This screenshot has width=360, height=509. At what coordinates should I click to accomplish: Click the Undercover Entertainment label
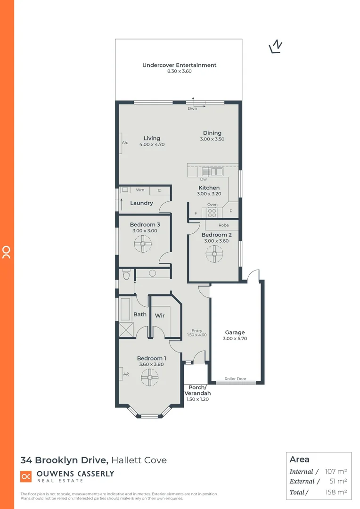tap(179, 65)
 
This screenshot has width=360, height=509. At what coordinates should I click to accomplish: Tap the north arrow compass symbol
tap(275, 46)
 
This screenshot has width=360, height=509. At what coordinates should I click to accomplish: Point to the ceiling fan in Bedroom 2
tap(214, 254)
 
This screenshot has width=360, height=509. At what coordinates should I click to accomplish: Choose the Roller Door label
tap(235, 378)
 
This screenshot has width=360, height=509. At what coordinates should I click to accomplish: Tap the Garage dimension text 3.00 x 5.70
tap(235, 338)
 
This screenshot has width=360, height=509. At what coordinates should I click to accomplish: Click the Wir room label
tap(160, 315)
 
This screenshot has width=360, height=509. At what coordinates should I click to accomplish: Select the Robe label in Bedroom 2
tap(223, 225)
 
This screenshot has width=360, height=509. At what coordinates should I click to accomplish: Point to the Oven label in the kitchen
tap(213, 205)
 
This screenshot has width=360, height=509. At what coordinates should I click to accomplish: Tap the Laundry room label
tap(141, 203)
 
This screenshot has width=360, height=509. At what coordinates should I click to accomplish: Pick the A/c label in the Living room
tap(125, 142)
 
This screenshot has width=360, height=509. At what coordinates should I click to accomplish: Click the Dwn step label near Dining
tap(192, 109)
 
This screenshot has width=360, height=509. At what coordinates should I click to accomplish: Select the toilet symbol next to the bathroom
tap(126, 274)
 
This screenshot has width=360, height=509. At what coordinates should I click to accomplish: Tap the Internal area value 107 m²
tap(336, 471)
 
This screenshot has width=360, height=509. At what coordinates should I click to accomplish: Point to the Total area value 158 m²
tap(336, 493)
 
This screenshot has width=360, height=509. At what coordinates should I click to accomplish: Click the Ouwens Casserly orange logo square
tap(26, 476)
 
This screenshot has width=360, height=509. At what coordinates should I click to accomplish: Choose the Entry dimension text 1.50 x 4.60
tap(196, 335)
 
